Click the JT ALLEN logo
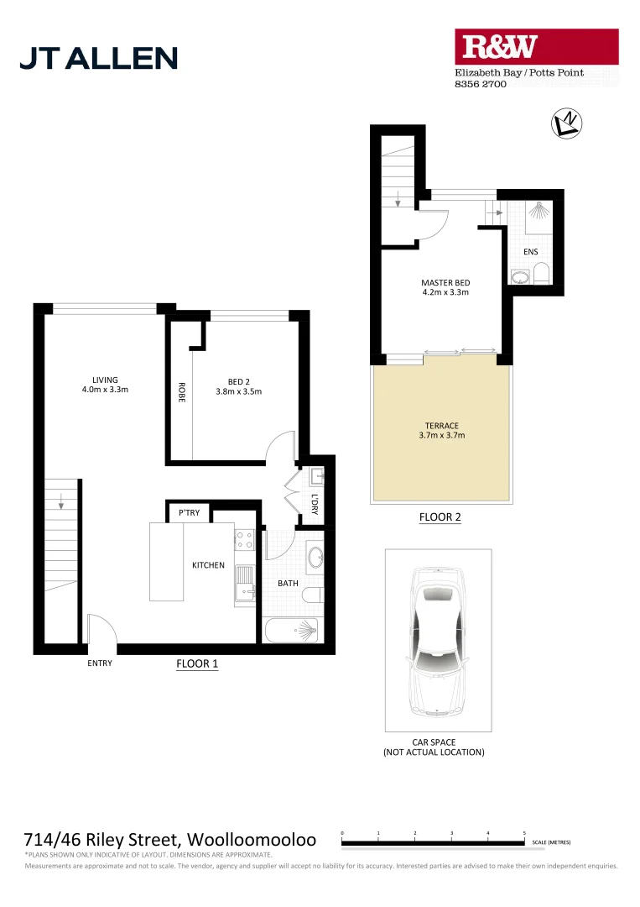click(x=98, y=57)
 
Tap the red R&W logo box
click(x=536, y=47)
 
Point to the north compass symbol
click(x=567, y=123)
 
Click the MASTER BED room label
click(x=445, y=283)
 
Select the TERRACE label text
click(x=441, y=426)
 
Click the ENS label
click(x=530, y=251)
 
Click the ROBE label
click(x=180, y=395)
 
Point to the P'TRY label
click(x=186, y=512)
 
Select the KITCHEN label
click(x=208, y=565)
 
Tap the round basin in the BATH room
click(x=315, y=557)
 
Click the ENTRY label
click(x=99, y=663)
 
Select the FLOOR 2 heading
click(x=440, y=517)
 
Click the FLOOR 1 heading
click(x=197, y=663)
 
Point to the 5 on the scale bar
click(x=524, y=832)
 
